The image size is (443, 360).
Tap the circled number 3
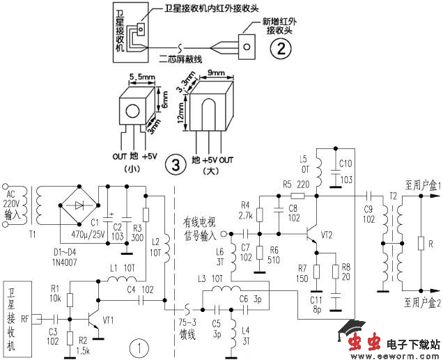[176, 165]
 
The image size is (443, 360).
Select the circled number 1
[141, 346]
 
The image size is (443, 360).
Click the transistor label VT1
[109, 321]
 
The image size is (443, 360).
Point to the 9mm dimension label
[216, 72]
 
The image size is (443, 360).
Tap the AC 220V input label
[11, 201]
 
